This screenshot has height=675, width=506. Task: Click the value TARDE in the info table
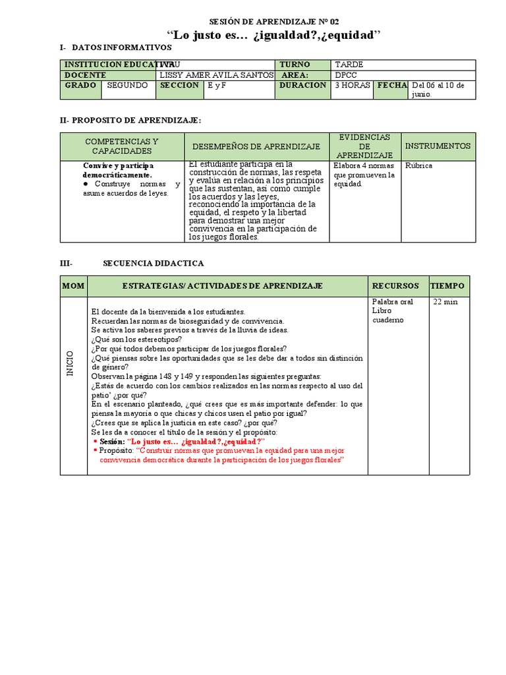click(349, 65)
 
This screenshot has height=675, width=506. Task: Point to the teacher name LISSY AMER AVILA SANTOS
click(217, 75)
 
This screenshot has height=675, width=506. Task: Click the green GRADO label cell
click(80, 86)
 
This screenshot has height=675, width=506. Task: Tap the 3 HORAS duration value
click(352, 86)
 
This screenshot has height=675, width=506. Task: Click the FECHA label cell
click(392, 86)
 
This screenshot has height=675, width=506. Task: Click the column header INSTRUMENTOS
click(437, 146)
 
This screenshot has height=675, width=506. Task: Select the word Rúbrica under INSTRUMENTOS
click(419, 165)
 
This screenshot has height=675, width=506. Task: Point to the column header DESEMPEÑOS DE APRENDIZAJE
click(256, 146)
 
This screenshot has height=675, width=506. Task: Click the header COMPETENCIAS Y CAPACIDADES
click(122, 146)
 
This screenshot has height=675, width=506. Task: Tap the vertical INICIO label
click(70, 363)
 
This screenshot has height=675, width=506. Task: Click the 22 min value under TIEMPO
click(445, 302)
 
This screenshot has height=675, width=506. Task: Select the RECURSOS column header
click(395, 286)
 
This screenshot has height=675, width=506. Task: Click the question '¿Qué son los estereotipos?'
click(137, 339)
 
